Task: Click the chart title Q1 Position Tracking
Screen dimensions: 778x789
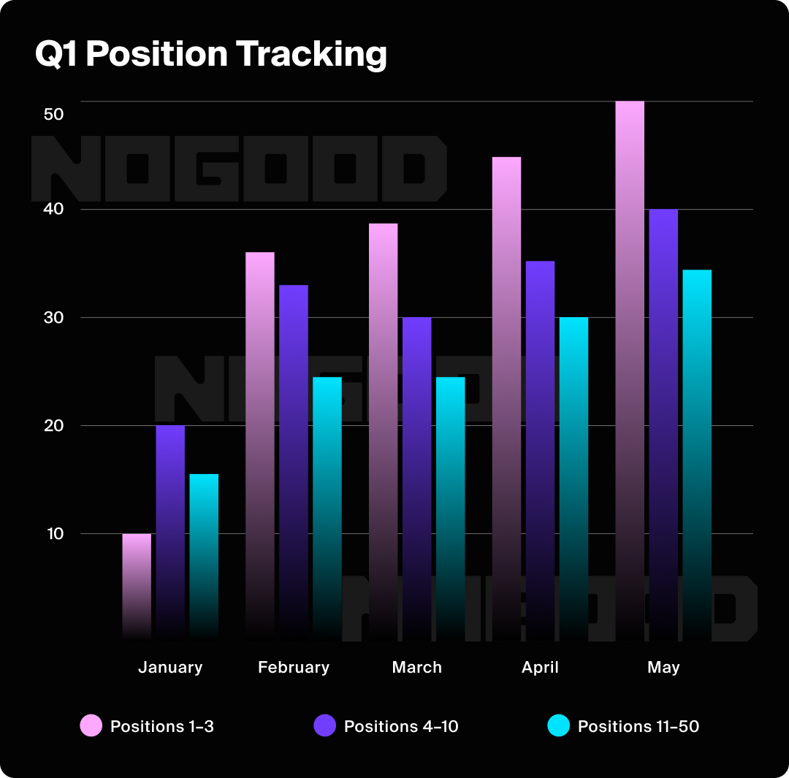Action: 210,55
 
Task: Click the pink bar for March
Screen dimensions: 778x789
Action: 383,432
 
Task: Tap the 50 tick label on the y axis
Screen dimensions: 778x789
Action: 54,115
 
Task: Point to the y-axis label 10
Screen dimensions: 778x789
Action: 56,534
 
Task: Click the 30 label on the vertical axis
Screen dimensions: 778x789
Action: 54,318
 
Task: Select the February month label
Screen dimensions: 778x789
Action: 294,667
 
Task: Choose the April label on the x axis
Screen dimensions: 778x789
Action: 540,667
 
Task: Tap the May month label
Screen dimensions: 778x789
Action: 663,667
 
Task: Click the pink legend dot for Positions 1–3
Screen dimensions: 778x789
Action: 91,726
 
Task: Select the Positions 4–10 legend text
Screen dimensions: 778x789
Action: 401,726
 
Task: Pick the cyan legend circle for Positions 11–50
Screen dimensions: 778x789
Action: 558,726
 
